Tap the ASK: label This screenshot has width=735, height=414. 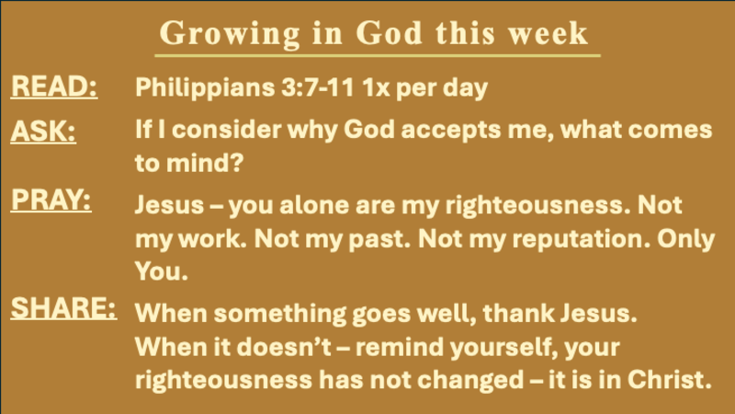point(42,132)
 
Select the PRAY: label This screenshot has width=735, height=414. point(51,200)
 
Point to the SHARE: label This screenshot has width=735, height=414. point(62,307)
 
